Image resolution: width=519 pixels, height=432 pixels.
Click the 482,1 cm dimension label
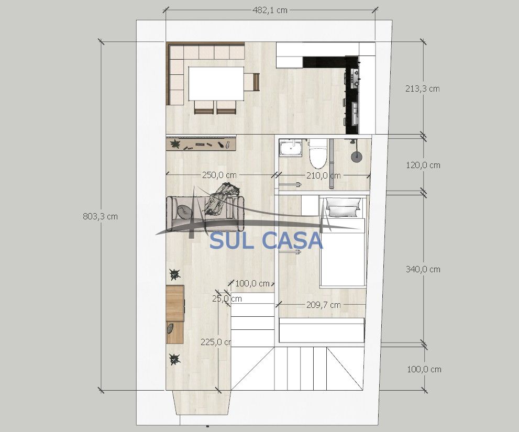(x=270, y=10)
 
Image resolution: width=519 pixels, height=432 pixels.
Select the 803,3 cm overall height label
(x=101, y=216)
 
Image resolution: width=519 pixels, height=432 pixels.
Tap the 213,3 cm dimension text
(x=422, y=88)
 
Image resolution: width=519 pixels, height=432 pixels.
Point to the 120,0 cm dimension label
(x=423, y=165)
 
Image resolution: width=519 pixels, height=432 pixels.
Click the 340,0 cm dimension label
(x=423, y=270)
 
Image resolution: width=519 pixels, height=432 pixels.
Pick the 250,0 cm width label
(x=219, y=175)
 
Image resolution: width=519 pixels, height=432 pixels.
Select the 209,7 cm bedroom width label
(x=323, y=305)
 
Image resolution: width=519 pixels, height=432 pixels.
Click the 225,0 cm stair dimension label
(x=216, y=342)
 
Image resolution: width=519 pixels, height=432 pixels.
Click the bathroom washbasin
(x=291, y=148)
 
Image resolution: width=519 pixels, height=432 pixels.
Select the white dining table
(x=216, y=84)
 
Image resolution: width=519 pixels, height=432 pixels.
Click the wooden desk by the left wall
(x=175, y=314)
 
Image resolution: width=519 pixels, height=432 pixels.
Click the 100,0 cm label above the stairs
(x=252, y=284)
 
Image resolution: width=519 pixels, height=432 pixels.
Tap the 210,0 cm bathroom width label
(x=323, y=176)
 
